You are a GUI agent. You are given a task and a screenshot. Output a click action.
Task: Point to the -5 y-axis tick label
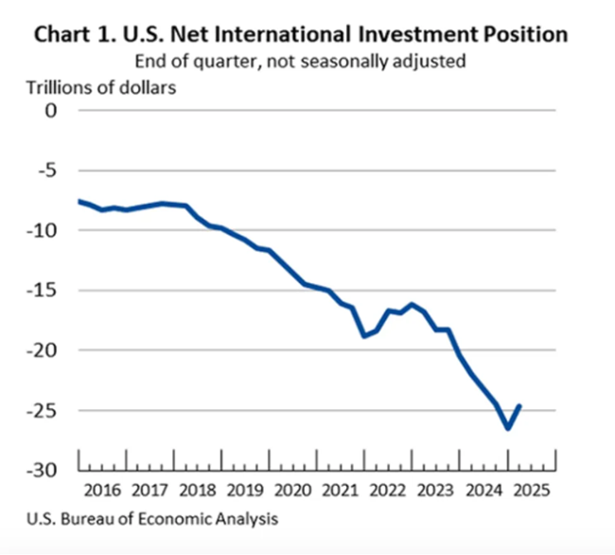[x=47, y=170]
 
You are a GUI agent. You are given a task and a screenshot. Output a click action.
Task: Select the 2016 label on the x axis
[x=101, y=492]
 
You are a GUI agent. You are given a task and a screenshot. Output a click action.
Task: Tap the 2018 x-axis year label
[x=197, y=492]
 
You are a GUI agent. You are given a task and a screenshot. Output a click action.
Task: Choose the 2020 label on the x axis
[x=292, y=492]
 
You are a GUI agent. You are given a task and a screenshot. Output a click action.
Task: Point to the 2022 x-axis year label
[x=388, y=492]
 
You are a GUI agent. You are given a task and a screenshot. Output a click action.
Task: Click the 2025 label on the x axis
[x=531, y=492]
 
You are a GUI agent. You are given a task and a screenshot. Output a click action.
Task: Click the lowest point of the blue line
[x=508, y=428]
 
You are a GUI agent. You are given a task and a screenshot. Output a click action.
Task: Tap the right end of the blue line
[x=519, y=405]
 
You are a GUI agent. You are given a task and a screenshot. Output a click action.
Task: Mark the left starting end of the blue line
[x=79, y=201]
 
